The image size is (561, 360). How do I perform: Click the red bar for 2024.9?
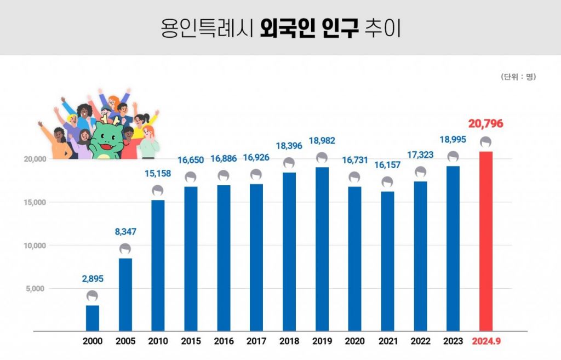[x=485, y=241]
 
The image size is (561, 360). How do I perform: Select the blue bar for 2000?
[x=93, y=318]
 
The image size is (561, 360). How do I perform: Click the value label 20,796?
[x=485, y=124]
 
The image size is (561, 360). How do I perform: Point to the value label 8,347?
[x=125, y=232]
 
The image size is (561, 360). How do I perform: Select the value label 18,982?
[x=322, y=141]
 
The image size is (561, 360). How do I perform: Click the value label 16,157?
[x=387, y=164]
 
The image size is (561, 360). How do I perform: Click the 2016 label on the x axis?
[x=224, y=341]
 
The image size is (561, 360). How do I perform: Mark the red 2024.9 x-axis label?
[x=486, y=341]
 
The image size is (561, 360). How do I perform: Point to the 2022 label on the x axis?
[x=420, y=341]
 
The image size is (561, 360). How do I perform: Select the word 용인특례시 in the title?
[x=205, y=28]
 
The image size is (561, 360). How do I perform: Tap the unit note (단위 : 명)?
[x=518, y=77]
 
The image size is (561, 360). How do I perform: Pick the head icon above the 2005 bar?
[x=125, y=250]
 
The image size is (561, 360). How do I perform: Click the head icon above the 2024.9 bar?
[x=485, y=142]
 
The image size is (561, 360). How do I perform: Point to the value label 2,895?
[x=93, y=279]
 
